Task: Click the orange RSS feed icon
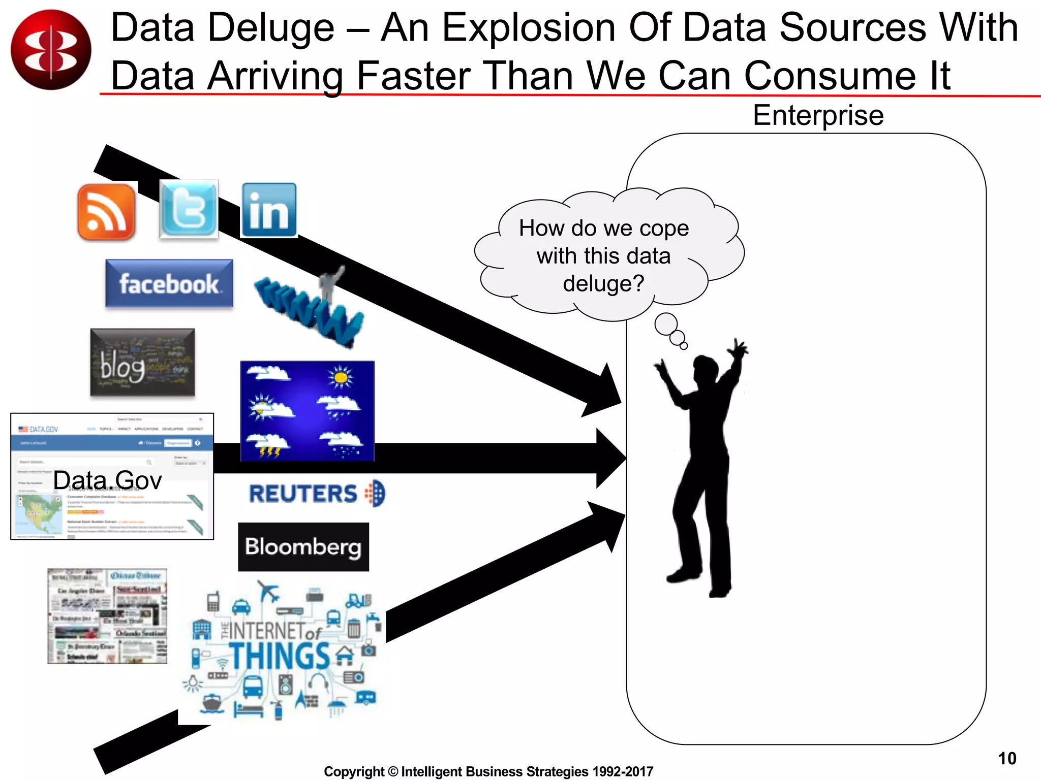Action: (106, 212)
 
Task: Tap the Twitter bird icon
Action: (189, 209)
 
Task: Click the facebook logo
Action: (169, 283)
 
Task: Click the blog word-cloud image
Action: (142, 362)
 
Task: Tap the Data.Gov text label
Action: (107, 480)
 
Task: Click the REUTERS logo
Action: (316, 494)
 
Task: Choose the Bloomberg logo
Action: (303, 547)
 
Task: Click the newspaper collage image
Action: (107, 616)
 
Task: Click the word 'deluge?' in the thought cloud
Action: (603, 283)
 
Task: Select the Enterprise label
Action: (818, 115)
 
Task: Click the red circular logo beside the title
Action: (51, 50)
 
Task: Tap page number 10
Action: (1006, 758)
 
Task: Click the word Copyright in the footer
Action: (354, 771)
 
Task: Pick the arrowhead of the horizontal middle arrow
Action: (611, 458)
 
